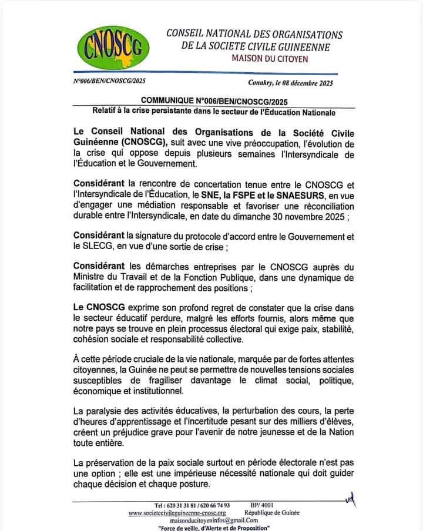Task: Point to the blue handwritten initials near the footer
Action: click(x=351, y=499)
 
